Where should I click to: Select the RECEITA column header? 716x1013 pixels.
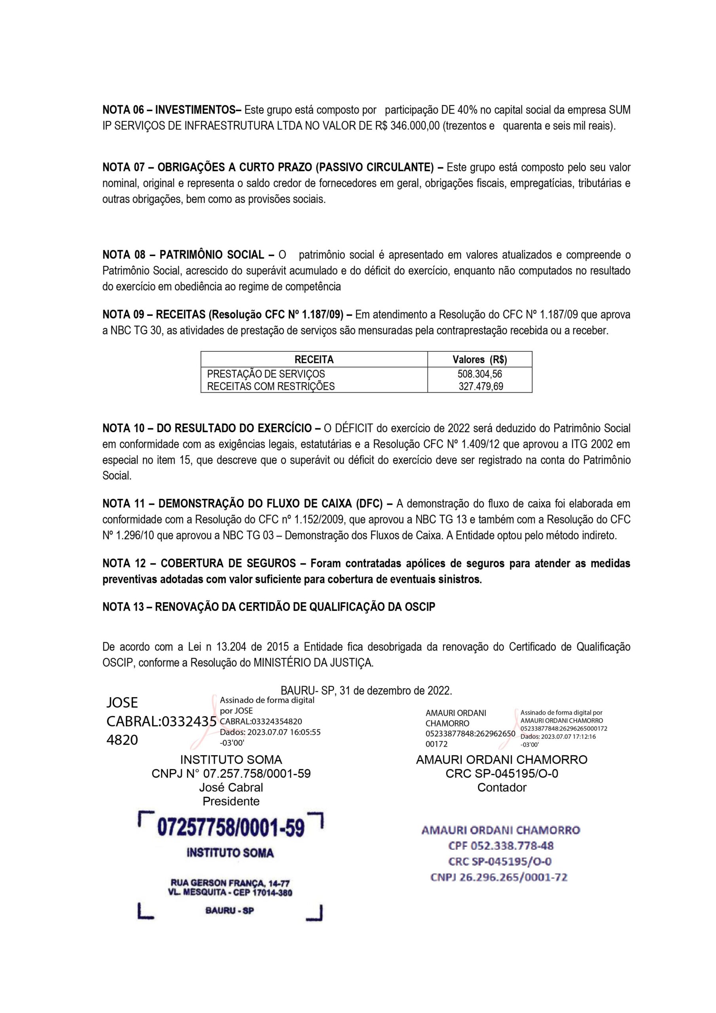pos(314,360)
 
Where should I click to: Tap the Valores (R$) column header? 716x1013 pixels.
pos(479,360)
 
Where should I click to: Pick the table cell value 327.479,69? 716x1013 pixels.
pos(480,387)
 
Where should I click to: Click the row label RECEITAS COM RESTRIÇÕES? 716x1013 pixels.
pos(271,387)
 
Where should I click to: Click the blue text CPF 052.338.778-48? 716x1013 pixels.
pos(501,846)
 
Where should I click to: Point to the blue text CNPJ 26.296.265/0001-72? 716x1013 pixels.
pos(498,877)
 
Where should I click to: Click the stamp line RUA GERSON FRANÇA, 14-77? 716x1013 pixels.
pos(230,883)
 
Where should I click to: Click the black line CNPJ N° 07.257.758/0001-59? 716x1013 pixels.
pos(231,774)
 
